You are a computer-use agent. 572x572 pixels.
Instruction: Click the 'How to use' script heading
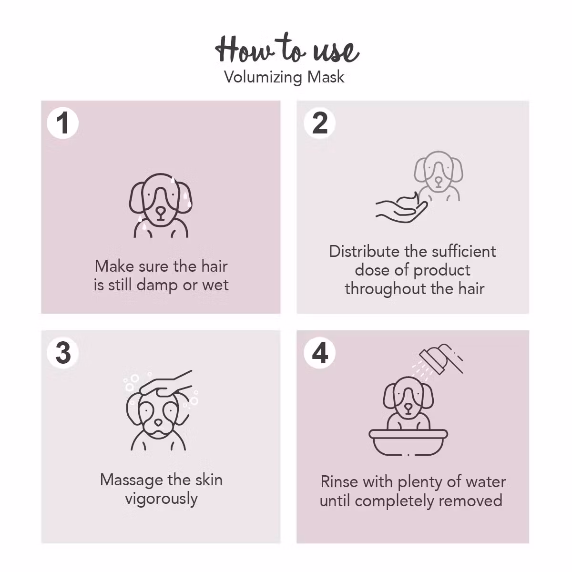point(286,49)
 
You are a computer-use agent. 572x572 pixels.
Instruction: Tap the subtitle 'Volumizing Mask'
point(284,77)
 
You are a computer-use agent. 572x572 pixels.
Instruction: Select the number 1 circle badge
point(63,123)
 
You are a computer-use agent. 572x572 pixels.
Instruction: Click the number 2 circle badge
point(320,123)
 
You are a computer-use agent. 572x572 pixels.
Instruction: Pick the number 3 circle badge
point(63,353)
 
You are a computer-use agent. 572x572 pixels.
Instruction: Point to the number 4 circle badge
point(320,353)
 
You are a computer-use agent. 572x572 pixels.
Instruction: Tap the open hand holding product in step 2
point(401,208)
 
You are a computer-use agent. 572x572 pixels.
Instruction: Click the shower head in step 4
point(439,358)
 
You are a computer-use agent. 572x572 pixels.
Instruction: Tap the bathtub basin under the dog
point(409,442)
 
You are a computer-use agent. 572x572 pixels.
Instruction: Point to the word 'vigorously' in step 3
point(161,499)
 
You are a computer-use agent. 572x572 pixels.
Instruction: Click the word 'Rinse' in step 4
point(339,482)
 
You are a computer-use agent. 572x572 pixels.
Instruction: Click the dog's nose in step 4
point(409,408)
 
